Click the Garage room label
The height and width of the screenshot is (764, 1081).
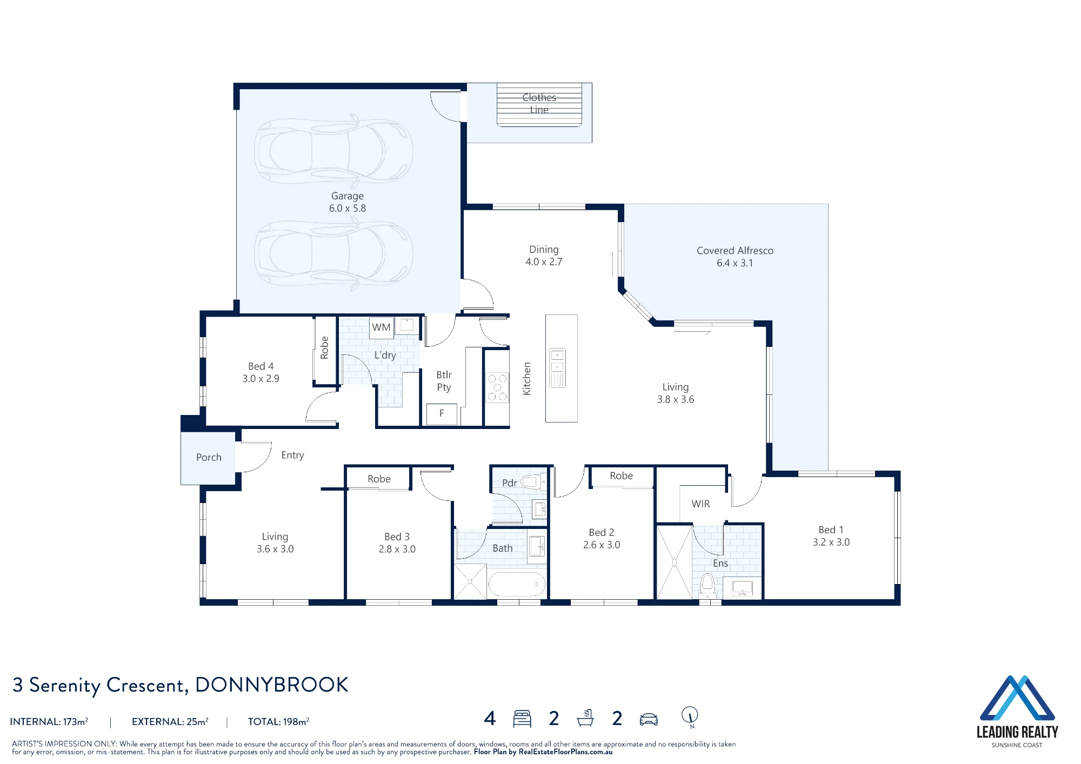(x=348, y=202)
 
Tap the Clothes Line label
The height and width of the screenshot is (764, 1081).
(x=539, y=104)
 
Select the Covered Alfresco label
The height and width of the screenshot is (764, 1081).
(x=735, y=257)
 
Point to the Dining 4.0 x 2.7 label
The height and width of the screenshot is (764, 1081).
(x=544, y=256)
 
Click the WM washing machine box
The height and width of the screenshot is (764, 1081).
(x=381, y=327)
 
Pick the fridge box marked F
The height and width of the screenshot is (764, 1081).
(x=442, y=414)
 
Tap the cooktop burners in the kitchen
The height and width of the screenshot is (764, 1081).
(x=497, y=387)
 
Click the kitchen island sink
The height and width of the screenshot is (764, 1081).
(x=557, y=368)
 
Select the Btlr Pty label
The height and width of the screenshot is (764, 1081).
(x=444, y=381)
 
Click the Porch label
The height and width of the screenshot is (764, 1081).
(x=209, y=458)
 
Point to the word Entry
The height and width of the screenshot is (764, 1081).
(x=292, y=455)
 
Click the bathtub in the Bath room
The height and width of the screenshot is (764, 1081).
(x=517, y=584)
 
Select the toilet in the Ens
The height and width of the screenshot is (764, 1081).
(x=708, y=586)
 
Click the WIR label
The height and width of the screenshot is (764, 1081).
(x=700, y=504)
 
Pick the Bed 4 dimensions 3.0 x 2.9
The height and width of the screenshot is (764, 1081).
(x=261, y=379)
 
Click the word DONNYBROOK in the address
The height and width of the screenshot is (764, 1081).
(x=271, y=685)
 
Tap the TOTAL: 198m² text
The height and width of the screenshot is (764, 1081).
(x=278, y=721)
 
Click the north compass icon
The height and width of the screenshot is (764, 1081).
(x=690, y=717)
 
